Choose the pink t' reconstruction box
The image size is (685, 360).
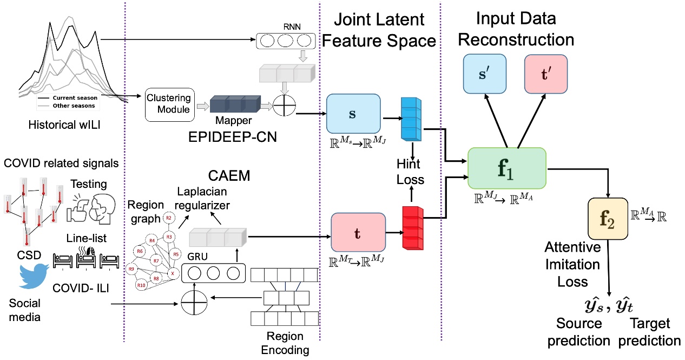tap(546, 74)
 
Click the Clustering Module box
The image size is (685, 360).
tap(169, 104)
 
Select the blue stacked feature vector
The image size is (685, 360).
tap(412, 118)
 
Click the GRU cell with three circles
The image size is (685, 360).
tap(213, 271)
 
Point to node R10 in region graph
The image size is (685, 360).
tap(141, 285)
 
